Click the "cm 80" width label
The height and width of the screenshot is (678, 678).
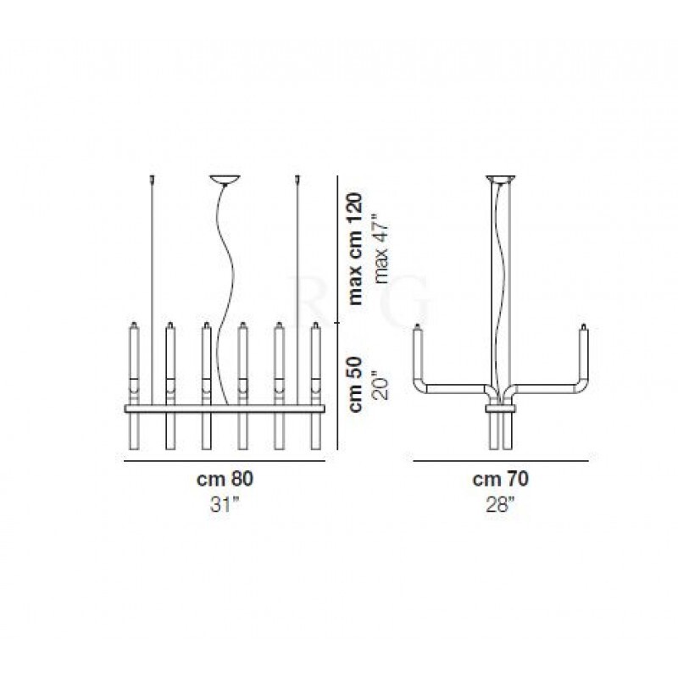tap(225, 479)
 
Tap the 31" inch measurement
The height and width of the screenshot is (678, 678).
tap(225, 504)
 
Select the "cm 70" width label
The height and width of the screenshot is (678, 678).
tap(500, 479)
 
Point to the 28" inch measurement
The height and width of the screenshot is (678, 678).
tap(500, 504)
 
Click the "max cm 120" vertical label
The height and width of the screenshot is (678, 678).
tap(355, 249)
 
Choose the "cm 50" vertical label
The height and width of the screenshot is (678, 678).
tap(355, 384)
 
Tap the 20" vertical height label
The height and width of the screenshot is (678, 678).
tap(382, 385)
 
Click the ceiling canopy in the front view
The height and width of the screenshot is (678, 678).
tap(225, 180)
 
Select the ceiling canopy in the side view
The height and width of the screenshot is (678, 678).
tap(501, 179)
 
